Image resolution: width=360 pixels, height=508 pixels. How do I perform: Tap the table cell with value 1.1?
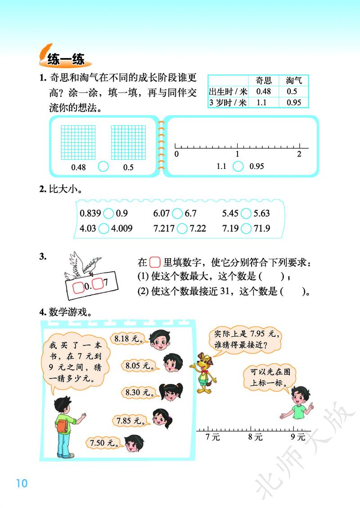(x=261, y=102)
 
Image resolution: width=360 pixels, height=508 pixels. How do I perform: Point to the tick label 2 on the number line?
(x=299, y=154)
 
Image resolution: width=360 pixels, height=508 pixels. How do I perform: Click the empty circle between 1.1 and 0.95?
(x=238, y=166)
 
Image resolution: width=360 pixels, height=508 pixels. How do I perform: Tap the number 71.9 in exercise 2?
(x=262, y=228)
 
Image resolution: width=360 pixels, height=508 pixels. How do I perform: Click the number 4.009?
(x=122, y=228)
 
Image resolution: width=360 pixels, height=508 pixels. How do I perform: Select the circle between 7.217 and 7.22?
(x=182, y=228)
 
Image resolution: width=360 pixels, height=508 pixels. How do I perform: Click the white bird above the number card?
(x=83, y=265)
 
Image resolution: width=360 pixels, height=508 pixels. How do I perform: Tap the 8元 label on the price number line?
(x=256, y=437)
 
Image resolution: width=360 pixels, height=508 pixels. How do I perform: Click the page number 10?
(x=21, y=483)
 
